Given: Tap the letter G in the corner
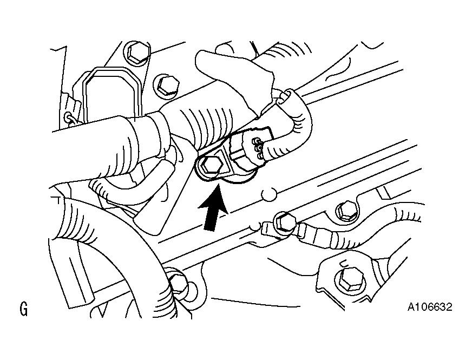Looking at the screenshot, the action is (23, 309).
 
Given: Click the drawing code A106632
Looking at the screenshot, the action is (430, 307).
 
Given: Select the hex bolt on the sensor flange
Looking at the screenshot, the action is (212, 166).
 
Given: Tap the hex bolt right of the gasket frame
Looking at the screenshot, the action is (167, 85).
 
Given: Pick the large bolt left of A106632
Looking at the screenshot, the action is (349, 280).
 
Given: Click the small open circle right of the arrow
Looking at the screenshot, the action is (269, 194).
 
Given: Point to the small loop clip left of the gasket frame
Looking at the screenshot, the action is (70, 117).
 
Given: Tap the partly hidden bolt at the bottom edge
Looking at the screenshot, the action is (179, 284).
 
